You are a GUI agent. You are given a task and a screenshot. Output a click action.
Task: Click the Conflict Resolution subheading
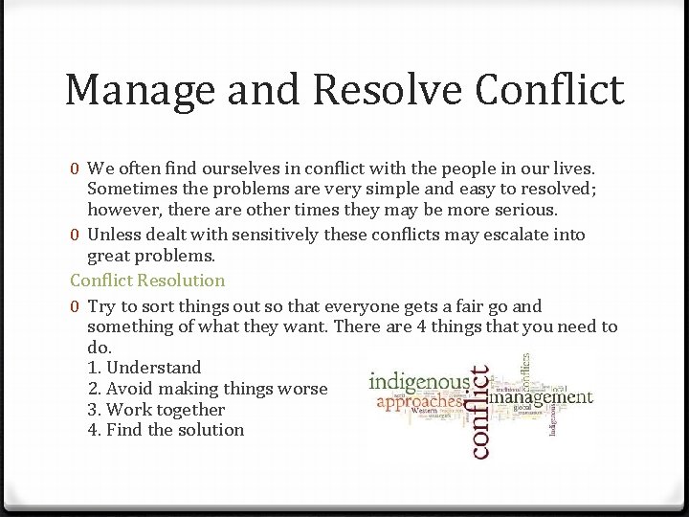[x=147, y=281]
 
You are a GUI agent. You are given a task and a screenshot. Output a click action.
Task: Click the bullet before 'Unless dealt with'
[x=75, y=236]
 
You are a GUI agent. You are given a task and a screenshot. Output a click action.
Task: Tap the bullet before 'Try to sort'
[x=75, y=307]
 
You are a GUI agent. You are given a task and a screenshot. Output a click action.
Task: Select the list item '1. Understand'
[x=144, y=368]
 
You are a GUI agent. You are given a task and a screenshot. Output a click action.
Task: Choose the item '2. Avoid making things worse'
[x=208, y=389]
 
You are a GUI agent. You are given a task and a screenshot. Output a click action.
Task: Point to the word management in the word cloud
[x=542, y=396]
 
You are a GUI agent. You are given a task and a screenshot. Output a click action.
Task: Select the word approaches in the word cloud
[x=418, y=404]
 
